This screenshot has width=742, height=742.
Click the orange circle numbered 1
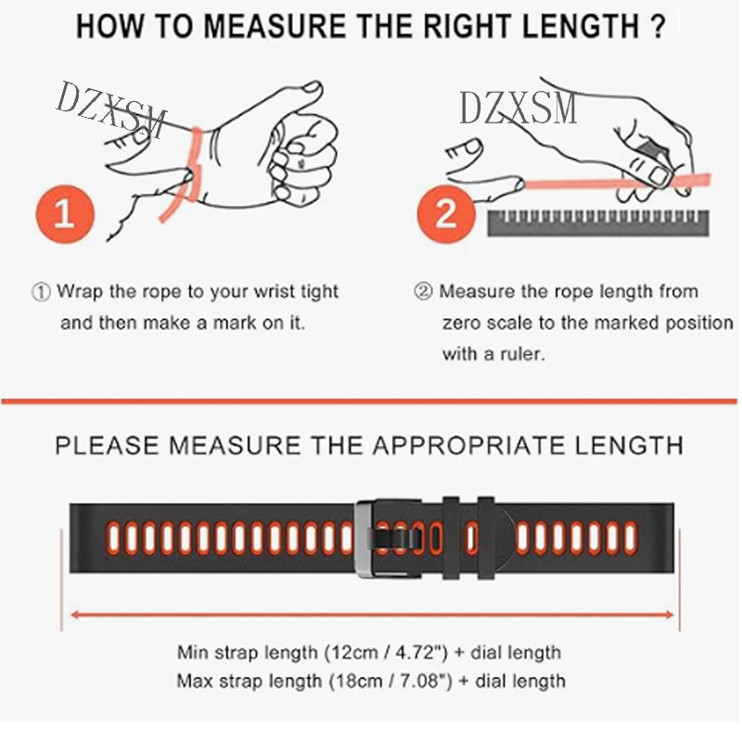[65, 214]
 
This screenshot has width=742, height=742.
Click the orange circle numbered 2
[446, 214]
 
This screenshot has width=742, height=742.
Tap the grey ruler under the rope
[598, 223]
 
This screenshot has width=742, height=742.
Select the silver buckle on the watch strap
[365, 539]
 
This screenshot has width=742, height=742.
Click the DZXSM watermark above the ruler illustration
[518, 109]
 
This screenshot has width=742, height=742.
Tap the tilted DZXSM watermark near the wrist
[110, 109]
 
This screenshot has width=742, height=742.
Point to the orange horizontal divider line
[369, 402]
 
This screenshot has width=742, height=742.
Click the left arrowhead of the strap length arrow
[74, 615]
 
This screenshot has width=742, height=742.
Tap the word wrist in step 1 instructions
[275, 291]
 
